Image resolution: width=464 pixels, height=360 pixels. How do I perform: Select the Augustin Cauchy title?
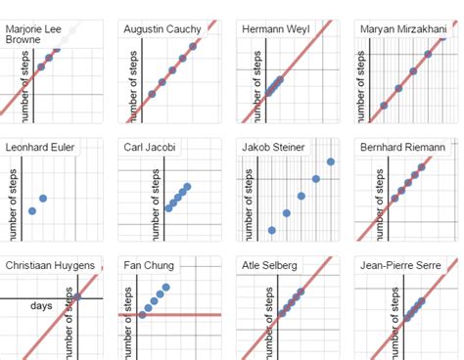(x=163, y=29)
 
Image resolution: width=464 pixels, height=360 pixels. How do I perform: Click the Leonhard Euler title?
(x=39, y=148)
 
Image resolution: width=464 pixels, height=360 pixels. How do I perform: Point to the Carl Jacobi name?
(x=150, y=148)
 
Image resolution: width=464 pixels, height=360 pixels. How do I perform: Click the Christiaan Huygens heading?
(x=50, y=265)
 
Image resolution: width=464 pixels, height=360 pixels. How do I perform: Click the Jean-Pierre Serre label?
(x=402, y=265)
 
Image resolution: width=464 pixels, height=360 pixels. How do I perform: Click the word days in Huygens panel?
(x=41, y=305)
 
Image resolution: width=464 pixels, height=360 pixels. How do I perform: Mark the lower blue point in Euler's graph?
(x=32, y=210)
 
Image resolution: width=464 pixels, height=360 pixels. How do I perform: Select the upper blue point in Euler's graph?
(x=43, y=199)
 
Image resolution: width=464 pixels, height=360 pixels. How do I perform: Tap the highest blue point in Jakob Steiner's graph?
(x=331, y=162)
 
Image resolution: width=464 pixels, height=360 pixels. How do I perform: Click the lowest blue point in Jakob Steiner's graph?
(x=271, y=231)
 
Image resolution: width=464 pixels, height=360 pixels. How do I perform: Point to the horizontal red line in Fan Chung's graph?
(x=196, y=315)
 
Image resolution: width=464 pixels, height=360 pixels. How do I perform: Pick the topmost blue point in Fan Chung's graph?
(x=165, y=287)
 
